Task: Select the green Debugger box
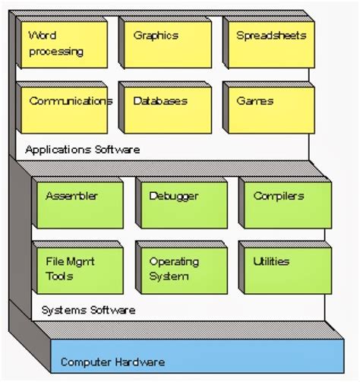tap(181, 204)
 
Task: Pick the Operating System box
tap(181, 268)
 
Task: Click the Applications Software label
tap(82, 150)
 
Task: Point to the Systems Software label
tap(88, 310)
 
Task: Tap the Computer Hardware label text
tap(112, 362)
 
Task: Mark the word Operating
tap(174, 262)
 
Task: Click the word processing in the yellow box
tap(56, 52)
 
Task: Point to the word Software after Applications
tap(118, 150)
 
